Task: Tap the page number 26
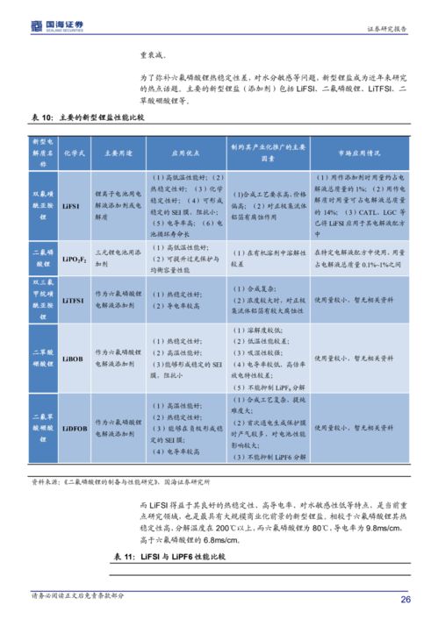click(x=406, y=600)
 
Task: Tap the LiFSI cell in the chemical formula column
click(x=72, y=204)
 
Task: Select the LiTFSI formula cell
click(x=74, y=300)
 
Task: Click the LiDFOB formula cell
click(x=74, y=429)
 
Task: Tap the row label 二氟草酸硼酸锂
click(x=44, y=428)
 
